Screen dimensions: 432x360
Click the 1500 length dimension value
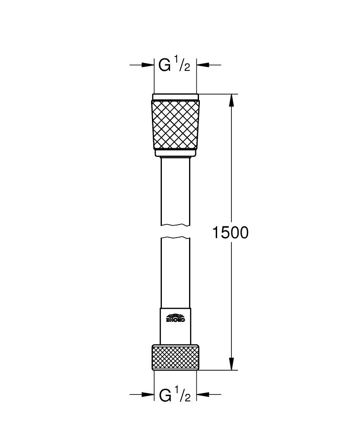click(x=230, y=233)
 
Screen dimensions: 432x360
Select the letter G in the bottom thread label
click(x=165, y=395)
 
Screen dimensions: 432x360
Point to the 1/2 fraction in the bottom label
click(x=183, y=394)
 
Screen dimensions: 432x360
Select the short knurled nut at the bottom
click(x=176, y=357)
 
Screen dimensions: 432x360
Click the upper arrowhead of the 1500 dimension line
click(x=232, y=100)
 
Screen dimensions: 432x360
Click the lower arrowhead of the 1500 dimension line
click(x=232, y=364)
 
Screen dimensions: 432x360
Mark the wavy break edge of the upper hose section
click(x=176, y=225)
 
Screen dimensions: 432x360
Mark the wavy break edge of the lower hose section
click(x=176, y=238)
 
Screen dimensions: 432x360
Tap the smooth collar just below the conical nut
click(x=176, y=152)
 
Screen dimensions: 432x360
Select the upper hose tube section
click(x=176, y=190)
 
